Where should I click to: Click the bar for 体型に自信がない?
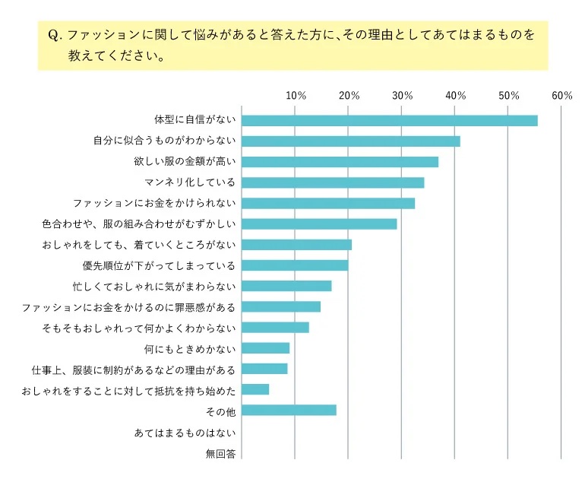pos(389,120)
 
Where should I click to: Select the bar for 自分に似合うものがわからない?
pos(350,141)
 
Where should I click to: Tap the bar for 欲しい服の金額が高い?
pos(340,162)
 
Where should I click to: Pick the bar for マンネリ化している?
pos(333,182)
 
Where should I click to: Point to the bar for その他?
pos(289,411)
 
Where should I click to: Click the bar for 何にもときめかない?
pos(266,348)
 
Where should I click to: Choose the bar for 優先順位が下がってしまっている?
pos(295,265)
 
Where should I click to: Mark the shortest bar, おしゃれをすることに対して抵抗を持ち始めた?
pos(255,389)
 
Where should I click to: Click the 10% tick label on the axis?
pos(296,96)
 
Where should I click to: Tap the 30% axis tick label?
pos(402,96)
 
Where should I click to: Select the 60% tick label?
pos(561,96)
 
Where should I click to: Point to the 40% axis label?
pos(455,96)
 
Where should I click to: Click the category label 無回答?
pos(220,454)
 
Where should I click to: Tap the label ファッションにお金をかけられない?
pos(154,203)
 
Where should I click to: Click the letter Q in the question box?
pos(53,36)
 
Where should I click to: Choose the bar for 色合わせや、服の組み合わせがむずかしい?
pos(319,224)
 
